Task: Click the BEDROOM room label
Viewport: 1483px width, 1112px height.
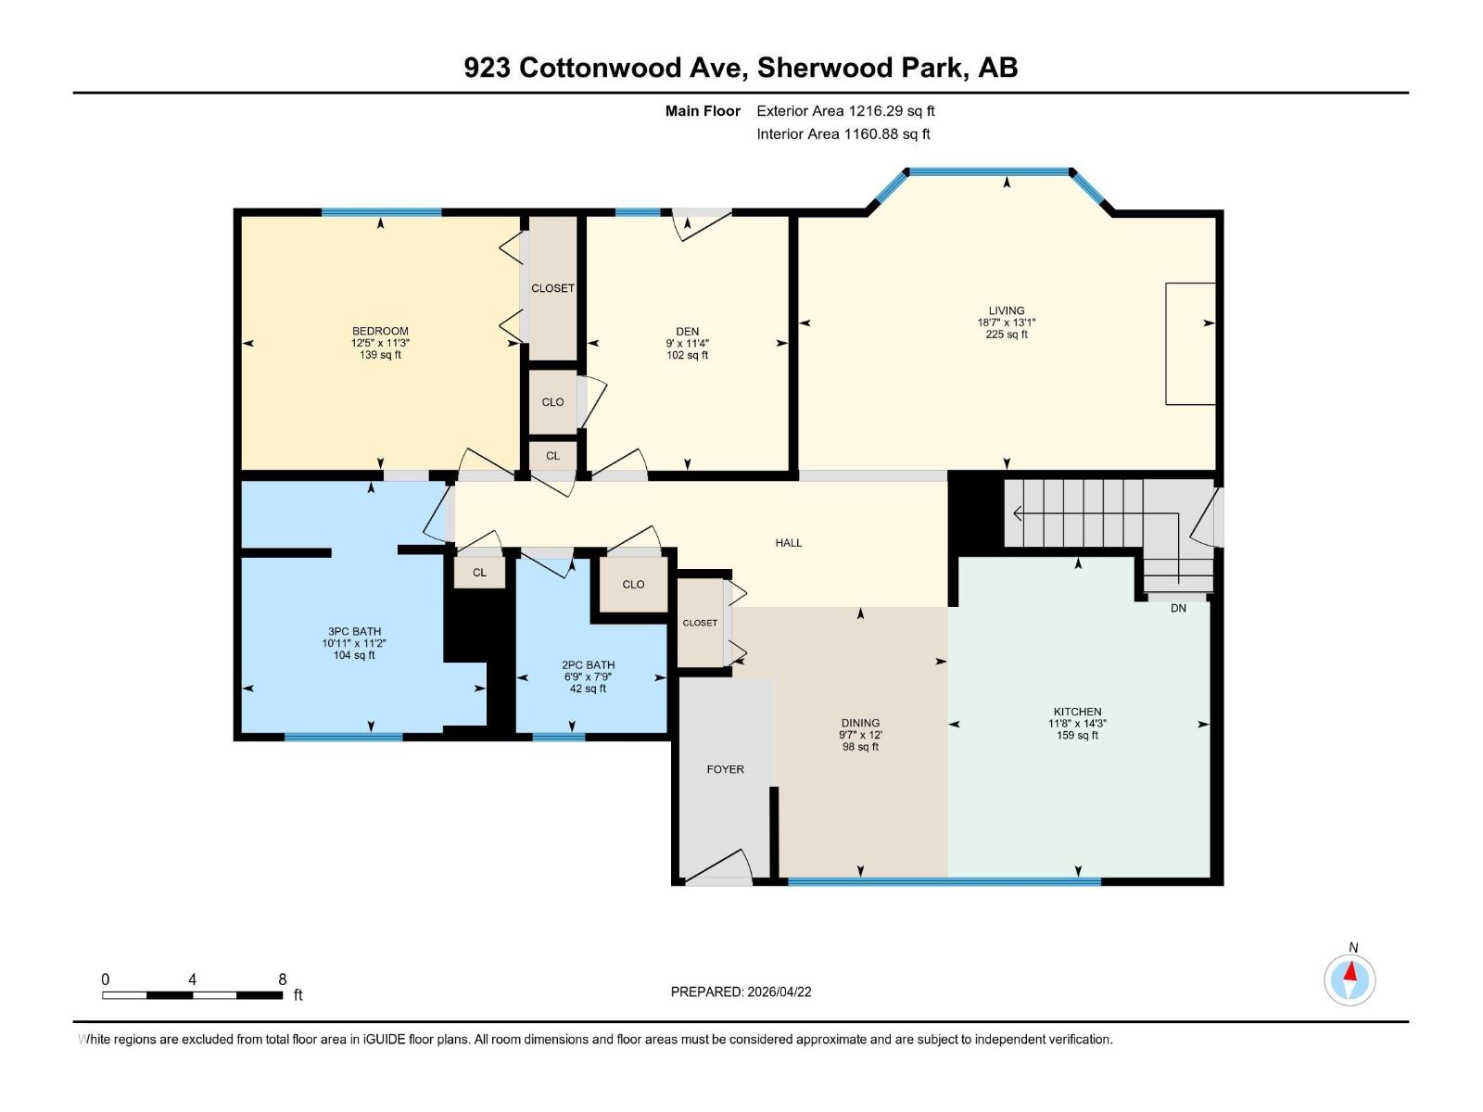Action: point(380,331)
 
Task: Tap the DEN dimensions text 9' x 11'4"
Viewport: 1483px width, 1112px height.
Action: point(687,343)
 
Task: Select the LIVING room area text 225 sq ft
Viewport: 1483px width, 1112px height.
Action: point(1006,335)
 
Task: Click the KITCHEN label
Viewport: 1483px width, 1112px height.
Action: point(1077,712)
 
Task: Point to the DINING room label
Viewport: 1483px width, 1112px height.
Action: point(860,723)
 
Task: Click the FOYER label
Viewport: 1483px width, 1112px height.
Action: point(725,769)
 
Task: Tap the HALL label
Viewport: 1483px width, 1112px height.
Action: point(789,543)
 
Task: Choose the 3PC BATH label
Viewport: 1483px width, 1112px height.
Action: point(354,631)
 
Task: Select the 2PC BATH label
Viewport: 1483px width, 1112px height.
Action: point(588,664)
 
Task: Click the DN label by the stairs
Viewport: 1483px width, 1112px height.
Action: point(1178,608)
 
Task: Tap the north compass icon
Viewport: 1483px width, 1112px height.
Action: point(1350,979)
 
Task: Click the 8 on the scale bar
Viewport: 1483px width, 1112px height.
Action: point(283,979)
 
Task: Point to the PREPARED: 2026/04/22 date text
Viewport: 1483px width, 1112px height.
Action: point(741,992)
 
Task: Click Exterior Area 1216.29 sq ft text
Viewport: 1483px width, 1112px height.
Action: point(845,111)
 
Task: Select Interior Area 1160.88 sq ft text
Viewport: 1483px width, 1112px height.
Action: point(843,134)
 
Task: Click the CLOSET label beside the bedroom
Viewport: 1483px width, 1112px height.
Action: point(552,288)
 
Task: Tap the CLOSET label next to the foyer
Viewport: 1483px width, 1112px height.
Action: point(700,623)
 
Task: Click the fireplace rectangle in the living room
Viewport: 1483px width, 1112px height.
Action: point(1190,344)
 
